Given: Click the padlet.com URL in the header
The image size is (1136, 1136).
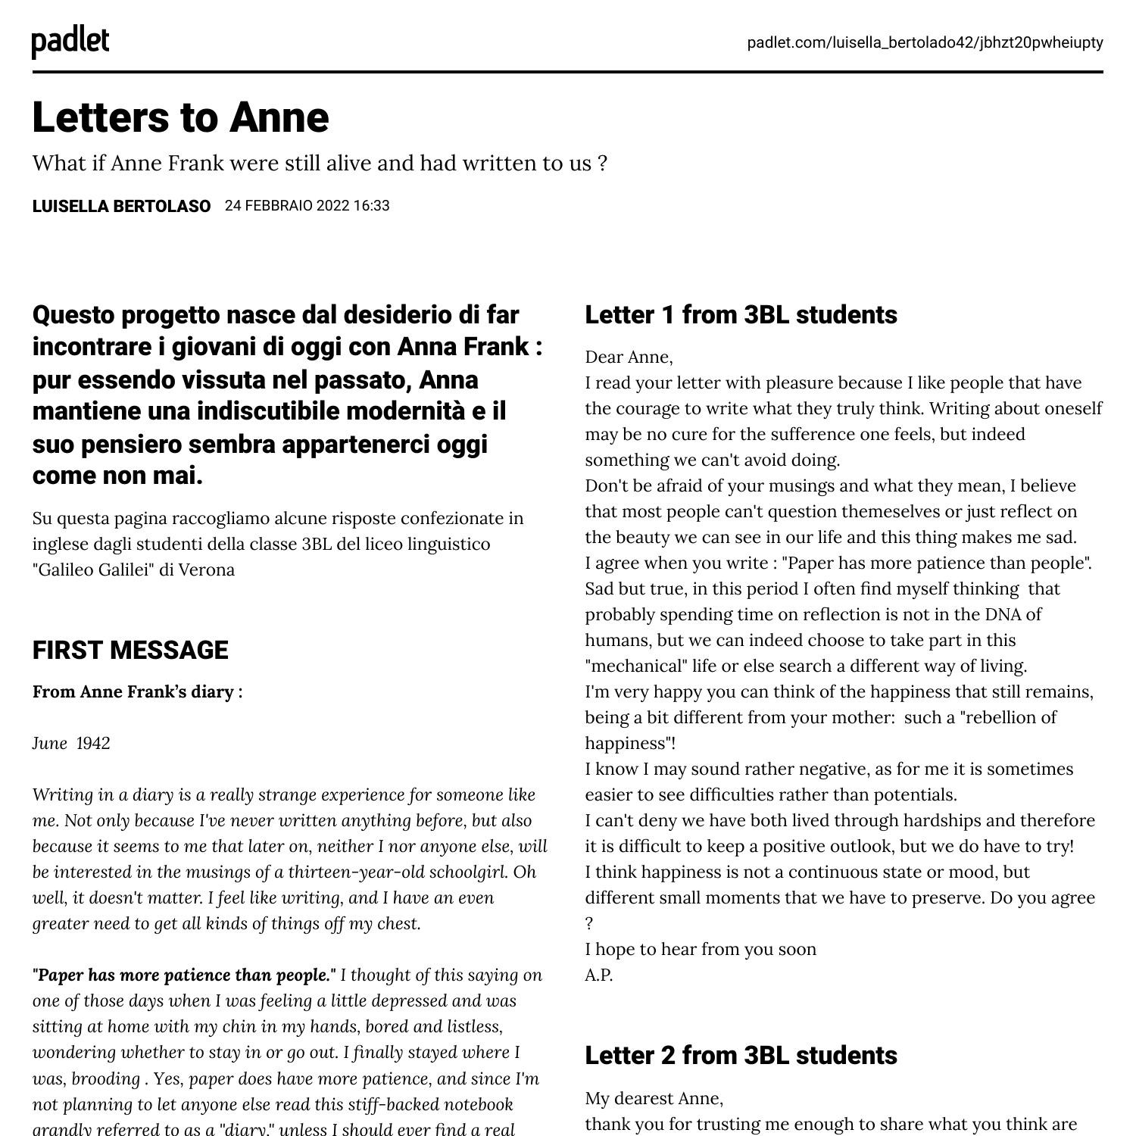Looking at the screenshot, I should point(925,42).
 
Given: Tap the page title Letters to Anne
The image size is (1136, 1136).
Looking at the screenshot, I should point(180,117).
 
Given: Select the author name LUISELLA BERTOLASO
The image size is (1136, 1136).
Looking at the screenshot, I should point(121,206).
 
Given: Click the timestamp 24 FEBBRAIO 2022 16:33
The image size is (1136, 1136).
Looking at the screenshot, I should point(307,206).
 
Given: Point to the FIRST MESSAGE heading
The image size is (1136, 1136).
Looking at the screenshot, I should point(130,650).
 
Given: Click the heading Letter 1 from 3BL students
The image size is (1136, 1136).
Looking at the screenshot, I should point(741,314).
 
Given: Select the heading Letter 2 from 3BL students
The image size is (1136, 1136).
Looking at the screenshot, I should point(741,1055).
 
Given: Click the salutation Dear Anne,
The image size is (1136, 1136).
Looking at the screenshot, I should point(629,357).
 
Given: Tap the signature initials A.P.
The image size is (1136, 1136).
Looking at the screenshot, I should point(598,975).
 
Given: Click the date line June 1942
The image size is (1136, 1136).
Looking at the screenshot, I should point(71,743).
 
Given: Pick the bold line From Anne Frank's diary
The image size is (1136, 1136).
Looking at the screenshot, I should point(137,691).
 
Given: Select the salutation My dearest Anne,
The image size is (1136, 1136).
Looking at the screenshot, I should point(654,1098).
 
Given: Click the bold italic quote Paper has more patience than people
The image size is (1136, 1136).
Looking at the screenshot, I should point(184,975).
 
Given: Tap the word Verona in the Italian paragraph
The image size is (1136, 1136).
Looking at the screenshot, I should point(207,570).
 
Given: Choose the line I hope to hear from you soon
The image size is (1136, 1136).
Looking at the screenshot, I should point(701,949).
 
